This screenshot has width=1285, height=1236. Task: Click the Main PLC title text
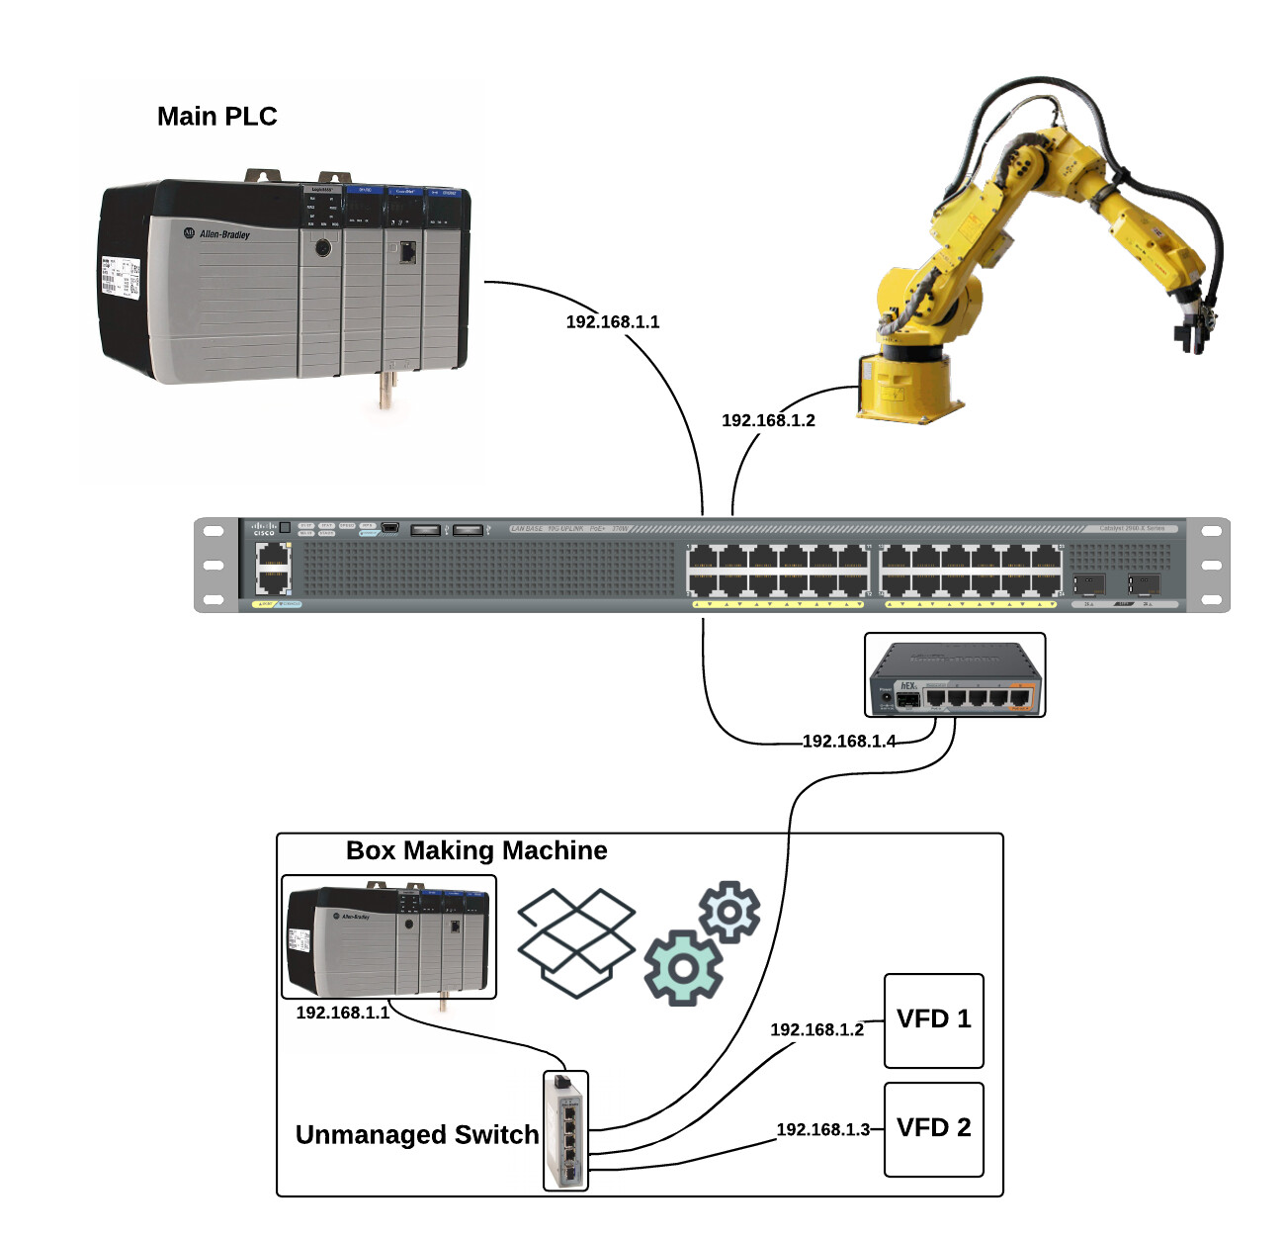point(216,117)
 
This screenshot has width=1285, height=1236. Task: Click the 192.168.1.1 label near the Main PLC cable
point(612,322)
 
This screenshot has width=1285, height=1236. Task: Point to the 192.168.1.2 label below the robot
point(768,421)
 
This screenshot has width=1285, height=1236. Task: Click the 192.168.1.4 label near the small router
point(849,742)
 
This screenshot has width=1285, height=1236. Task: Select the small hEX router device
point(954,675)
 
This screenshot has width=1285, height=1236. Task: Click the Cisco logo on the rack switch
point(264,530)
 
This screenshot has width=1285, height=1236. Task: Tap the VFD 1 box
point(933,1020)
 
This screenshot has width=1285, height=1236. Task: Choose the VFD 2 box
point(933,1129)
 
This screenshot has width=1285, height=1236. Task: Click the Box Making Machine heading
point(476,851)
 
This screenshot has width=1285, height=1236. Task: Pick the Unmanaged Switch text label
point(417,1135)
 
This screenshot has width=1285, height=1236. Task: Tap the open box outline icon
point(576,941)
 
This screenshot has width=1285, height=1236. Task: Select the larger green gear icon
point(682,968)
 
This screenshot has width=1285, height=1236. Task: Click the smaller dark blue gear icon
point(729,911)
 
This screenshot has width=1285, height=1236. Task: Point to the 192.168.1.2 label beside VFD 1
point(816,1030)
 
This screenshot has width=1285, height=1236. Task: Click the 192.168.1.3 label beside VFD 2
point(822,1130)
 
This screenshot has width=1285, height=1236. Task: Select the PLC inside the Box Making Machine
point(388,937)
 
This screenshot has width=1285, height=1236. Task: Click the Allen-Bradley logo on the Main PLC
point(219,234)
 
